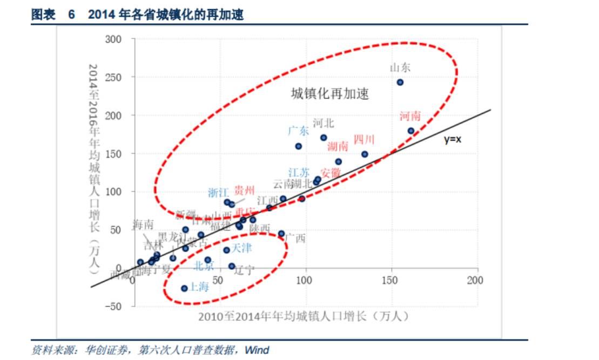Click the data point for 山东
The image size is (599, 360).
click(400, 83)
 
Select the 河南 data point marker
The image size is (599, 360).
click(410, 131)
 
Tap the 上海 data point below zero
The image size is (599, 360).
click(184, 288)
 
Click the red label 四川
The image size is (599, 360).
click(364, 140)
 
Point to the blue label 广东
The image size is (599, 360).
click(298, 131)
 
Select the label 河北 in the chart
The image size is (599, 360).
click(323, 123)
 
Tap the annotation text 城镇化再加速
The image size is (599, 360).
click(330, 94)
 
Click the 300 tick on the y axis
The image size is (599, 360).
click(114, 39)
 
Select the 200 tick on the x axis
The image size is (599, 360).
click(475, 281)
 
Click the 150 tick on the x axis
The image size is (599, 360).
click(390, 281)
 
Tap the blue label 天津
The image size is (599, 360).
click(241, 248)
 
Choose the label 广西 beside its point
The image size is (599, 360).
click(295, 238)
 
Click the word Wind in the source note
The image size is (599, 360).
click(257, 350)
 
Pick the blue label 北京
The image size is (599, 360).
click(204, 266)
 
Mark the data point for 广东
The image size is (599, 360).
click(298, 146)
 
